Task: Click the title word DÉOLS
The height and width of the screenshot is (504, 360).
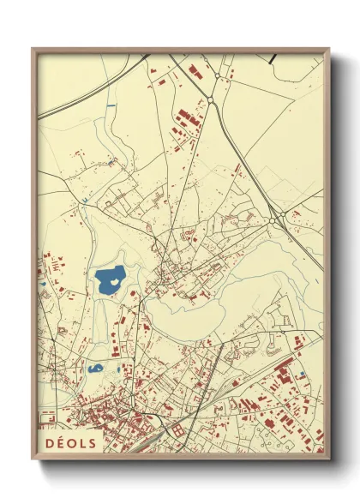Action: click(x=71, y=442)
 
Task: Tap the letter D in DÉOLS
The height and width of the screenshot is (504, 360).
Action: click(x=49, y=442)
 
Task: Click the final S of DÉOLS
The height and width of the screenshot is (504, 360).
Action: click(x=93, y=442)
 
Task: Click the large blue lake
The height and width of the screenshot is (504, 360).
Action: click(x=110, y=279)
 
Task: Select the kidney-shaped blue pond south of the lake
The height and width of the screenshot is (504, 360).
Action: click(x=95, y=369)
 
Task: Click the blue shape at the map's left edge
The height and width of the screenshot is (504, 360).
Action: click(x=41, y=285)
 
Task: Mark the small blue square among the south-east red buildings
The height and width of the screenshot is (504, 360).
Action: click(x=303, y=375)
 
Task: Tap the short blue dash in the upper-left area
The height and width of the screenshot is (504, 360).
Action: click(x=111, y=105)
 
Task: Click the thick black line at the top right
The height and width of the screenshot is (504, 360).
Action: click(x=273, y=57)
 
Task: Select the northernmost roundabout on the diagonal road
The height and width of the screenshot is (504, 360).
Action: click(x=210, y=100)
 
